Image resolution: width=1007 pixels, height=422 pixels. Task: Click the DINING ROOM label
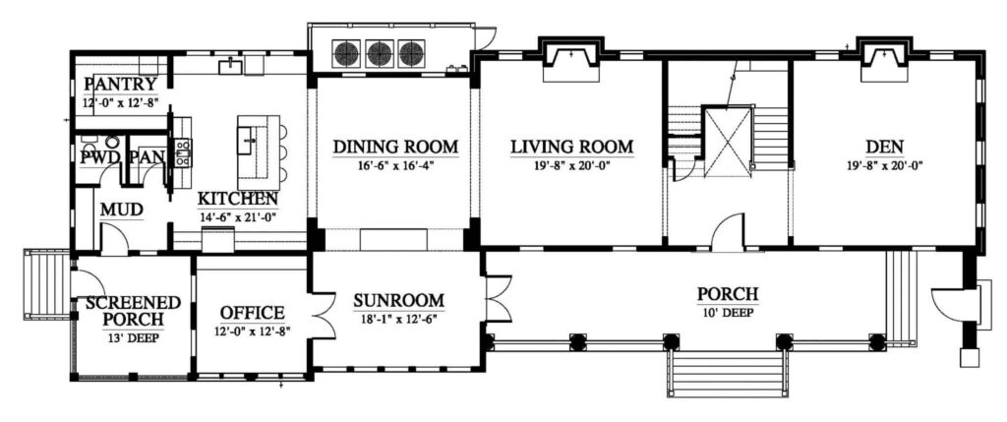[395, 147]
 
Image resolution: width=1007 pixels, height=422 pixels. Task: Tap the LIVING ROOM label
[572, 147]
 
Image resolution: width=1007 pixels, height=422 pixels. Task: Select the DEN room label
[884, 147]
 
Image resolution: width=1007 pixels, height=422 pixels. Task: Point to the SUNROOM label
[399, 301]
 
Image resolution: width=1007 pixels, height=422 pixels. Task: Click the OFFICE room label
[252, 313]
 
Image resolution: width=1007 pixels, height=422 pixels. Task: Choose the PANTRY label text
[121, 85]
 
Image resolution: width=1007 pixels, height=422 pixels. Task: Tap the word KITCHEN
[237, 199]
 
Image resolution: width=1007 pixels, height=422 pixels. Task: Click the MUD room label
[121, 211]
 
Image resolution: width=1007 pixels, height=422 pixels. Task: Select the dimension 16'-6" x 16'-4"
[395, 165]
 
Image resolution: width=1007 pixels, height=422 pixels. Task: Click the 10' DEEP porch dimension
[728, 312]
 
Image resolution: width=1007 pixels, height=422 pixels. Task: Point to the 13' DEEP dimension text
[134, 336]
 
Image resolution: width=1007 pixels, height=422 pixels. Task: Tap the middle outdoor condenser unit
[380, 54]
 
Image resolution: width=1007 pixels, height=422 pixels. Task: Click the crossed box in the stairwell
[728, 142]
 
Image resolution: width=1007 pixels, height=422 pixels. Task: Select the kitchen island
[259, 149]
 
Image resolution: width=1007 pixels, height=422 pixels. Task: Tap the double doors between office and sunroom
[324, 316]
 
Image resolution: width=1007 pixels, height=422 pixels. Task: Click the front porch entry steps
[728, 373]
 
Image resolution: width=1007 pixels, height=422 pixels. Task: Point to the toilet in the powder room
[112, 142]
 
